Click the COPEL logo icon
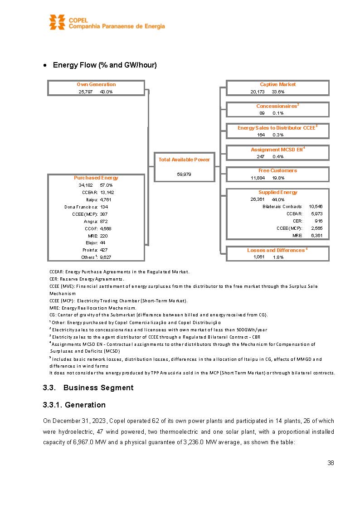click(58, 22)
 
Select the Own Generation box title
click(96, 84)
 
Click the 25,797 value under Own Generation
click(86, 92)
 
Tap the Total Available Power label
click(184, 160)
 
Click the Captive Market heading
click(277, 84)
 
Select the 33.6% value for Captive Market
click(278, 92)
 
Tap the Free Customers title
click(277, 170)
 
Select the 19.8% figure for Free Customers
click(278, 178)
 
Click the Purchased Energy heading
click(96, 178)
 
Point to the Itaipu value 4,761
click(106, 199)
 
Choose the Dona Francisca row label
click(81, 207)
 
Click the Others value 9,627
click(106, 257)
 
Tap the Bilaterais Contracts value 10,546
click(315, 207)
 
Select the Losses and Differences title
click(276, 250)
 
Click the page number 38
click(331, 463)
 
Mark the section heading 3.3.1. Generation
click(74, 405)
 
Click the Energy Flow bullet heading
click(105, 65)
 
